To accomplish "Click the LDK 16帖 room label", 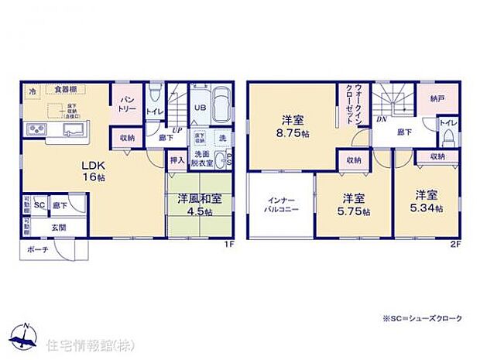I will coord(94,170).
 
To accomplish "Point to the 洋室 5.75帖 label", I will coord(354,203).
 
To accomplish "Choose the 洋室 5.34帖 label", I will coord(427,201).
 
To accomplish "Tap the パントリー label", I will coord(127,105).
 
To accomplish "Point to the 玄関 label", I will coord(59,227).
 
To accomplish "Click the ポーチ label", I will coord(36,251).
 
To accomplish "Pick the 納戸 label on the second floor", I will coord(438,99).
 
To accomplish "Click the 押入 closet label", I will coord(177,161).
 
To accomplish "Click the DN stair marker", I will coord(382,120).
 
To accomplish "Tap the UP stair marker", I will coord(177,130).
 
